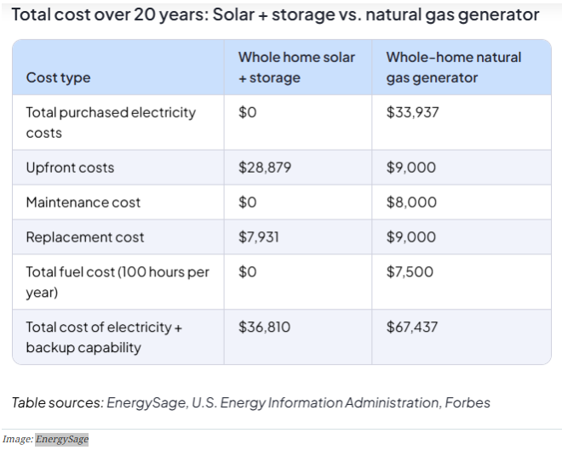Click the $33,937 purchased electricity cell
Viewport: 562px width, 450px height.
[x=413, y=112]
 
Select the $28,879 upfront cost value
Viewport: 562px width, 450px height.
[x=265, y=168]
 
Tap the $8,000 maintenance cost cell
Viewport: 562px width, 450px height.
[x=411, y=202]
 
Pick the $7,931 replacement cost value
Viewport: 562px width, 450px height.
[x=261, y=237]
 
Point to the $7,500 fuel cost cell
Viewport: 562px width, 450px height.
[x=410, y=272]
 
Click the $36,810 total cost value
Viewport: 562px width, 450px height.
[x=265, y=327]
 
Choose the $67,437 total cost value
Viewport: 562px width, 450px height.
[x=413, y=327]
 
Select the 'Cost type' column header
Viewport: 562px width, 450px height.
[x=58, y=77]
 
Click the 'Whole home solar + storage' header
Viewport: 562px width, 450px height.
[x=296, y=67]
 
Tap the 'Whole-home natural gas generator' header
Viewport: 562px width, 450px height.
[x=453, y=67]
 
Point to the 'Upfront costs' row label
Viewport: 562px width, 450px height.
[x=70, y=168]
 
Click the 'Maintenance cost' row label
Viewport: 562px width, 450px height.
[x=83, y=202]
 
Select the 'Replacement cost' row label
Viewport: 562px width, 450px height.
[x=85, y=237]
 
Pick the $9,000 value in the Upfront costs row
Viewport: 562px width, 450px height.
[x=411, y=168]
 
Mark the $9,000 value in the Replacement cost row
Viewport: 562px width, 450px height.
[x=411, y=237]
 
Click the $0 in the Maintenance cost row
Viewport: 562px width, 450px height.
[x=247, y=202]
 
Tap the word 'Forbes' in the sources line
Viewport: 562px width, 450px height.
[x=467, y=402]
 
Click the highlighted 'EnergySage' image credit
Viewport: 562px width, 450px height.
[x=62, y=439]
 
